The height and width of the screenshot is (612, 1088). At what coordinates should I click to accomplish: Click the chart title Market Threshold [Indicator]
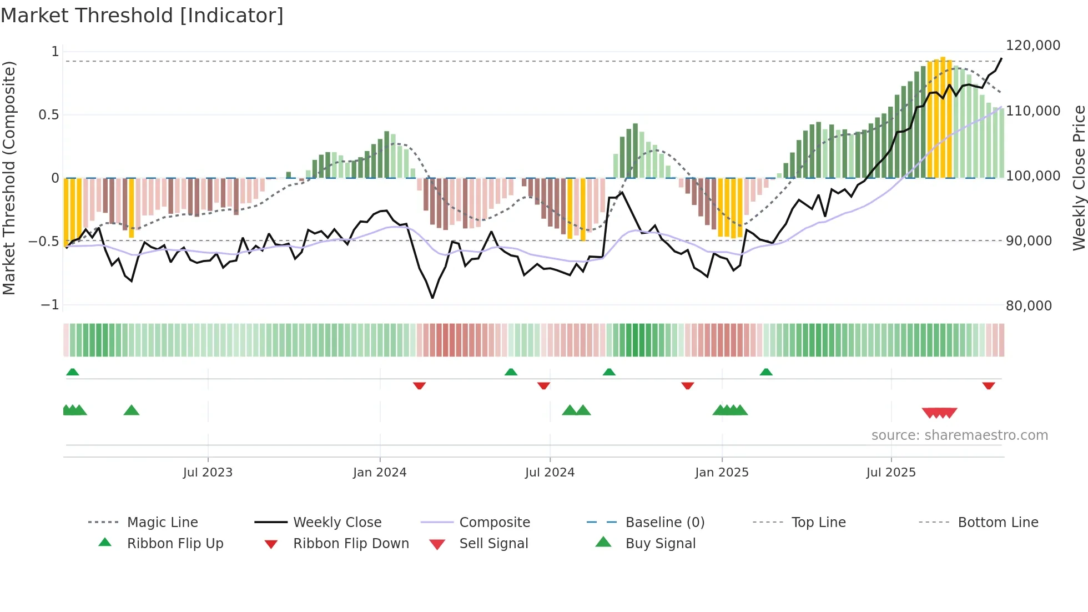(x=142, y=16)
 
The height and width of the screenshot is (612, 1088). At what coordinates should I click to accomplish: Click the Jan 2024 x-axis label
(x=380, y=473)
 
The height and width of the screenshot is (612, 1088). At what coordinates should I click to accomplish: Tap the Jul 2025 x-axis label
(x=891, y=473)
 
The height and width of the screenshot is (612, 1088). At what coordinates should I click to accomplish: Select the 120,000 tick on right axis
(x=1032, y=46)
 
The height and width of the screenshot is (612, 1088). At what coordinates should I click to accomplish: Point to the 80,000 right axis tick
(x=1029, y=306)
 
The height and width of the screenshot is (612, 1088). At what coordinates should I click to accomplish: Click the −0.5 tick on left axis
(x=44, y=242)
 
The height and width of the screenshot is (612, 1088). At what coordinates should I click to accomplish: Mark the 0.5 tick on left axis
(x=48, y=115)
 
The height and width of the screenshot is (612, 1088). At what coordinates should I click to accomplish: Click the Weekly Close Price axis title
(x=1079, y=178)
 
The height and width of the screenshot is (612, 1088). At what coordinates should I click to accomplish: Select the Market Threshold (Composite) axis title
(x=9, y=178)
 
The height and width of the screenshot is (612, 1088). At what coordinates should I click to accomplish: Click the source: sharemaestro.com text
(x=959, y=435)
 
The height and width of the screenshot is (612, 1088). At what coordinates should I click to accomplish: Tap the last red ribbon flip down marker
(x=988, y=385)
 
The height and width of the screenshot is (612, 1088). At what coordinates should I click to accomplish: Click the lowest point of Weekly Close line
(x=432, y=298)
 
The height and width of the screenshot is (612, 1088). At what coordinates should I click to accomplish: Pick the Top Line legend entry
(x=818, y=523)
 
